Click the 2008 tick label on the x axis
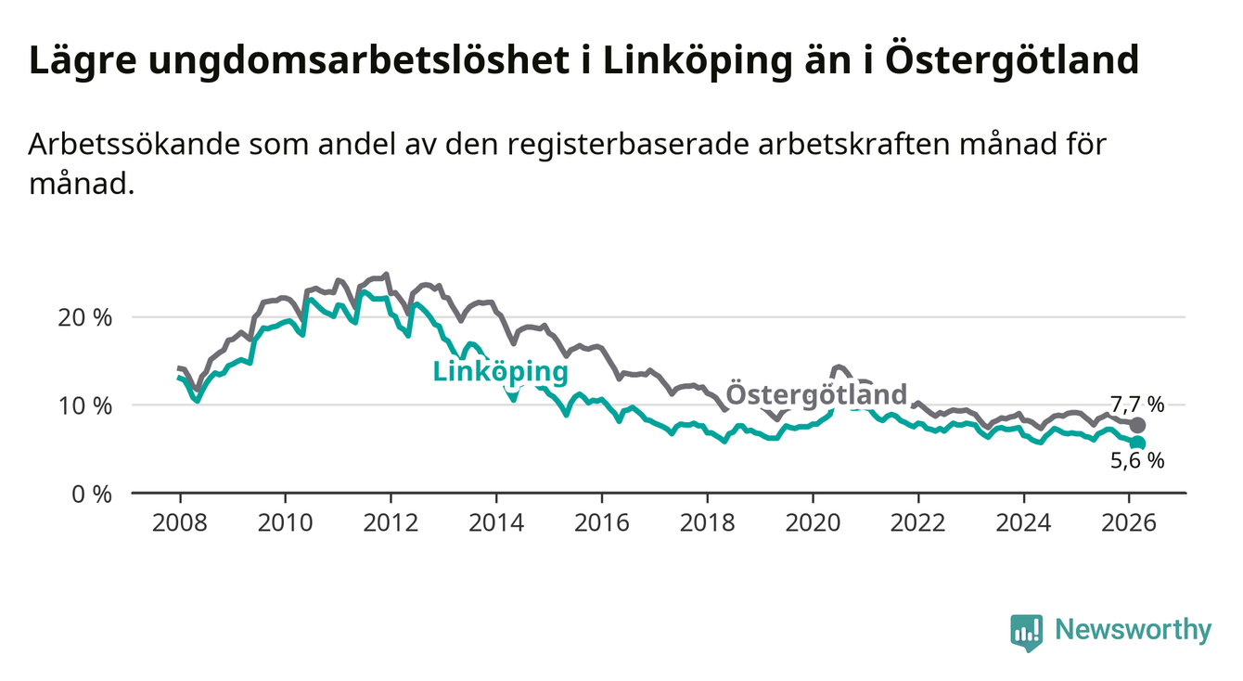(179, 521)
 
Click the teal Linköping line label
(500, 372)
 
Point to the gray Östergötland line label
(815, 393)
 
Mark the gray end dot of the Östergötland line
(1137, 425)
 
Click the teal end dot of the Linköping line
(1137, 443)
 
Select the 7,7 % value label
(1136, 405)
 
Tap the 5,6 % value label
(1136, 461)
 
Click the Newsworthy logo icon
(1026, 632)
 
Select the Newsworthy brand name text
(1133, 631)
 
